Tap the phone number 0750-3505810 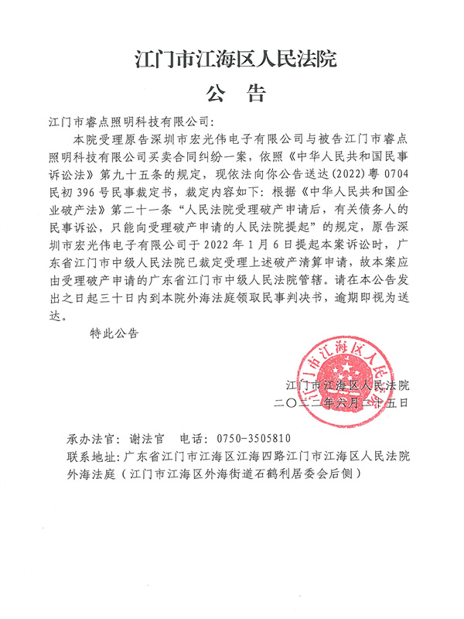(x=244, y=436)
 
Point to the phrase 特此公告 (x=114, y=333)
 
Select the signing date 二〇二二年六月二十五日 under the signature (x=340, y=402)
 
